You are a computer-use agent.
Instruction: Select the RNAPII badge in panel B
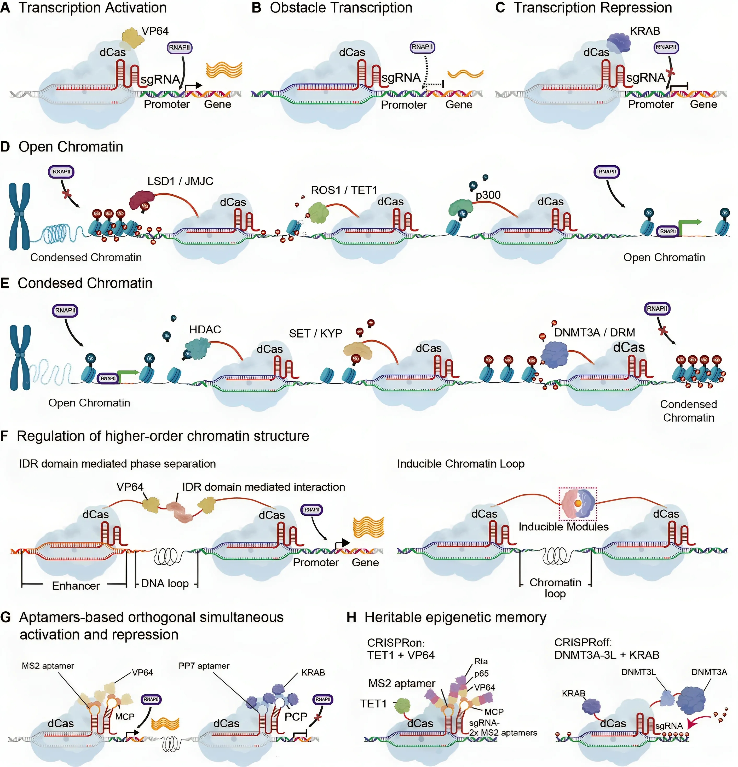tap(422, 47)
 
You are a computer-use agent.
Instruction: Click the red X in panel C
tap(671, 72)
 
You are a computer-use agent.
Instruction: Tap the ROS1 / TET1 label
tap(343, 190)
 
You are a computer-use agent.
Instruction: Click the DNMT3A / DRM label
tap(594, 333)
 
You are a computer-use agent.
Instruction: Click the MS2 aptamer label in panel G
tap(48, 666)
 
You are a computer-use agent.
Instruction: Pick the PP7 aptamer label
tap(204, 666)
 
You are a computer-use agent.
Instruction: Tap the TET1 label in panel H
tap(373, 704)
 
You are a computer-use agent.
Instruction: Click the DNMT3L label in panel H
tap(638, 672)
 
